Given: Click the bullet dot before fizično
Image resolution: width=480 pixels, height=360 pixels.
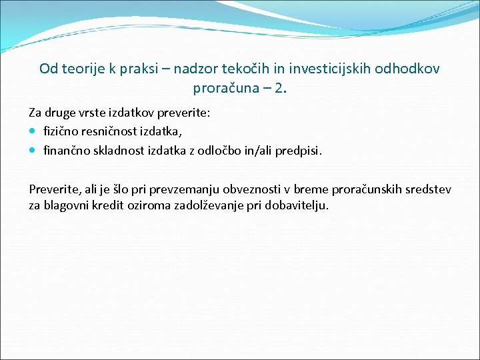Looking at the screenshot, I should coord(34,133).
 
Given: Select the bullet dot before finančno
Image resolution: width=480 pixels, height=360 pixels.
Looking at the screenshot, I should coord(34,151).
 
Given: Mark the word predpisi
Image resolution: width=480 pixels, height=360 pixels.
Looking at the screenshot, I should coord(302,151).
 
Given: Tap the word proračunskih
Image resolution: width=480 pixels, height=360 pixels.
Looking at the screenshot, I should coord(371,190).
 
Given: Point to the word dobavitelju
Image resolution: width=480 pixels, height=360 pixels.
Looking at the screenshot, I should coord(297,205).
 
